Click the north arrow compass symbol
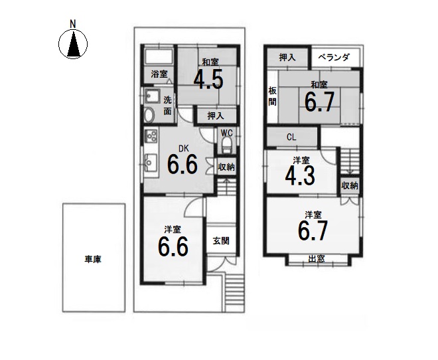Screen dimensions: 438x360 (x=73, y=44)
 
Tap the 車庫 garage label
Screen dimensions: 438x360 (x=93, y=260)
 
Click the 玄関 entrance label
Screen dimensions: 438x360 (x=221, y=240)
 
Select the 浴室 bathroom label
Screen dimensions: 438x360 (x=159, y=74)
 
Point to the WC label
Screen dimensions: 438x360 (x=226, y=133)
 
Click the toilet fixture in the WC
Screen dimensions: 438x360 (x=226, y=145)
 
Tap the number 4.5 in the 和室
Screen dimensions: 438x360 (x=208, y=80)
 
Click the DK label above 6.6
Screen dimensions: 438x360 (x=184, y=149)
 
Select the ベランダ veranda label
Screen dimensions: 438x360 (x=334, y=57)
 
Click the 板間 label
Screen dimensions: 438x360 (x=273, y=96)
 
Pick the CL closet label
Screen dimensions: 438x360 (x=291, y=137)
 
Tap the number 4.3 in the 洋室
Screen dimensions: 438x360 (x=300, y=176)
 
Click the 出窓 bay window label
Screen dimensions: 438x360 (x=317, y=259)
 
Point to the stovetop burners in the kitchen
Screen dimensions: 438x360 (x=151, y=136)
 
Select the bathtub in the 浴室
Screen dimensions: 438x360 (x=159, y=56)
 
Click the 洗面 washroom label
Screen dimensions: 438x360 (x=167, y=106)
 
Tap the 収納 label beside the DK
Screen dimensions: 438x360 (x=226, y=167)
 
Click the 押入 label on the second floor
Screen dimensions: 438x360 (x=287, y=57)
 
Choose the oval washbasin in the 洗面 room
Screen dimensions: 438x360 (x=149, y=115)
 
